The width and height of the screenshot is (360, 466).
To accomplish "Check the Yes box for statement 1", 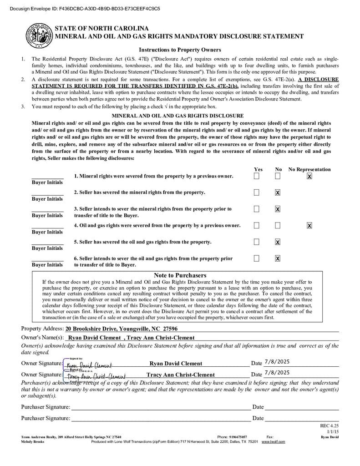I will [x=257, y=176].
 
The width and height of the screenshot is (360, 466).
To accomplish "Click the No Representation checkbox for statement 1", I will [x=309, y=176].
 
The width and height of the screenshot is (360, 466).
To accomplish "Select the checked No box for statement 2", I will [x=278, y=192].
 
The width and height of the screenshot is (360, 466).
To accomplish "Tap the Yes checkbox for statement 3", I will [x=257, y=209].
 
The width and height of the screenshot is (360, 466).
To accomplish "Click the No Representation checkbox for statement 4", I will [x=309, y=225].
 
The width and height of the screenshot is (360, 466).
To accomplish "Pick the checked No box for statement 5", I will [x=278, y=242].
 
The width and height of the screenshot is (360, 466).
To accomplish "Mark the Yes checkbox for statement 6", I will [x=257, y=258].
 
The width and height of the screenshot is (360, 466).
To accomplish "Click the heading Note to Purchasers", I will [x=180, y=275].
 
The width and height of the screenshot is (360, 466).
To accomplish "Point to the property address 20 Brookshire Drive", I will [x=122, y=329].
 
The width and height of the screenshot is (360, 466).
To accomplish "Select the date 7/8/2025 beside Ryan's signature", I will [x=277, y=362].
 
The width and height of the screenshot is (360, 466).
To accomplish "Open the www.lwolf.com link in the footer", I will [x=273, y=442].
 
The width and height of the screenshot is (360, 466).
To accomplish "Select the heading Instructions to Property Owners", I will [x=180, y=50].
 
